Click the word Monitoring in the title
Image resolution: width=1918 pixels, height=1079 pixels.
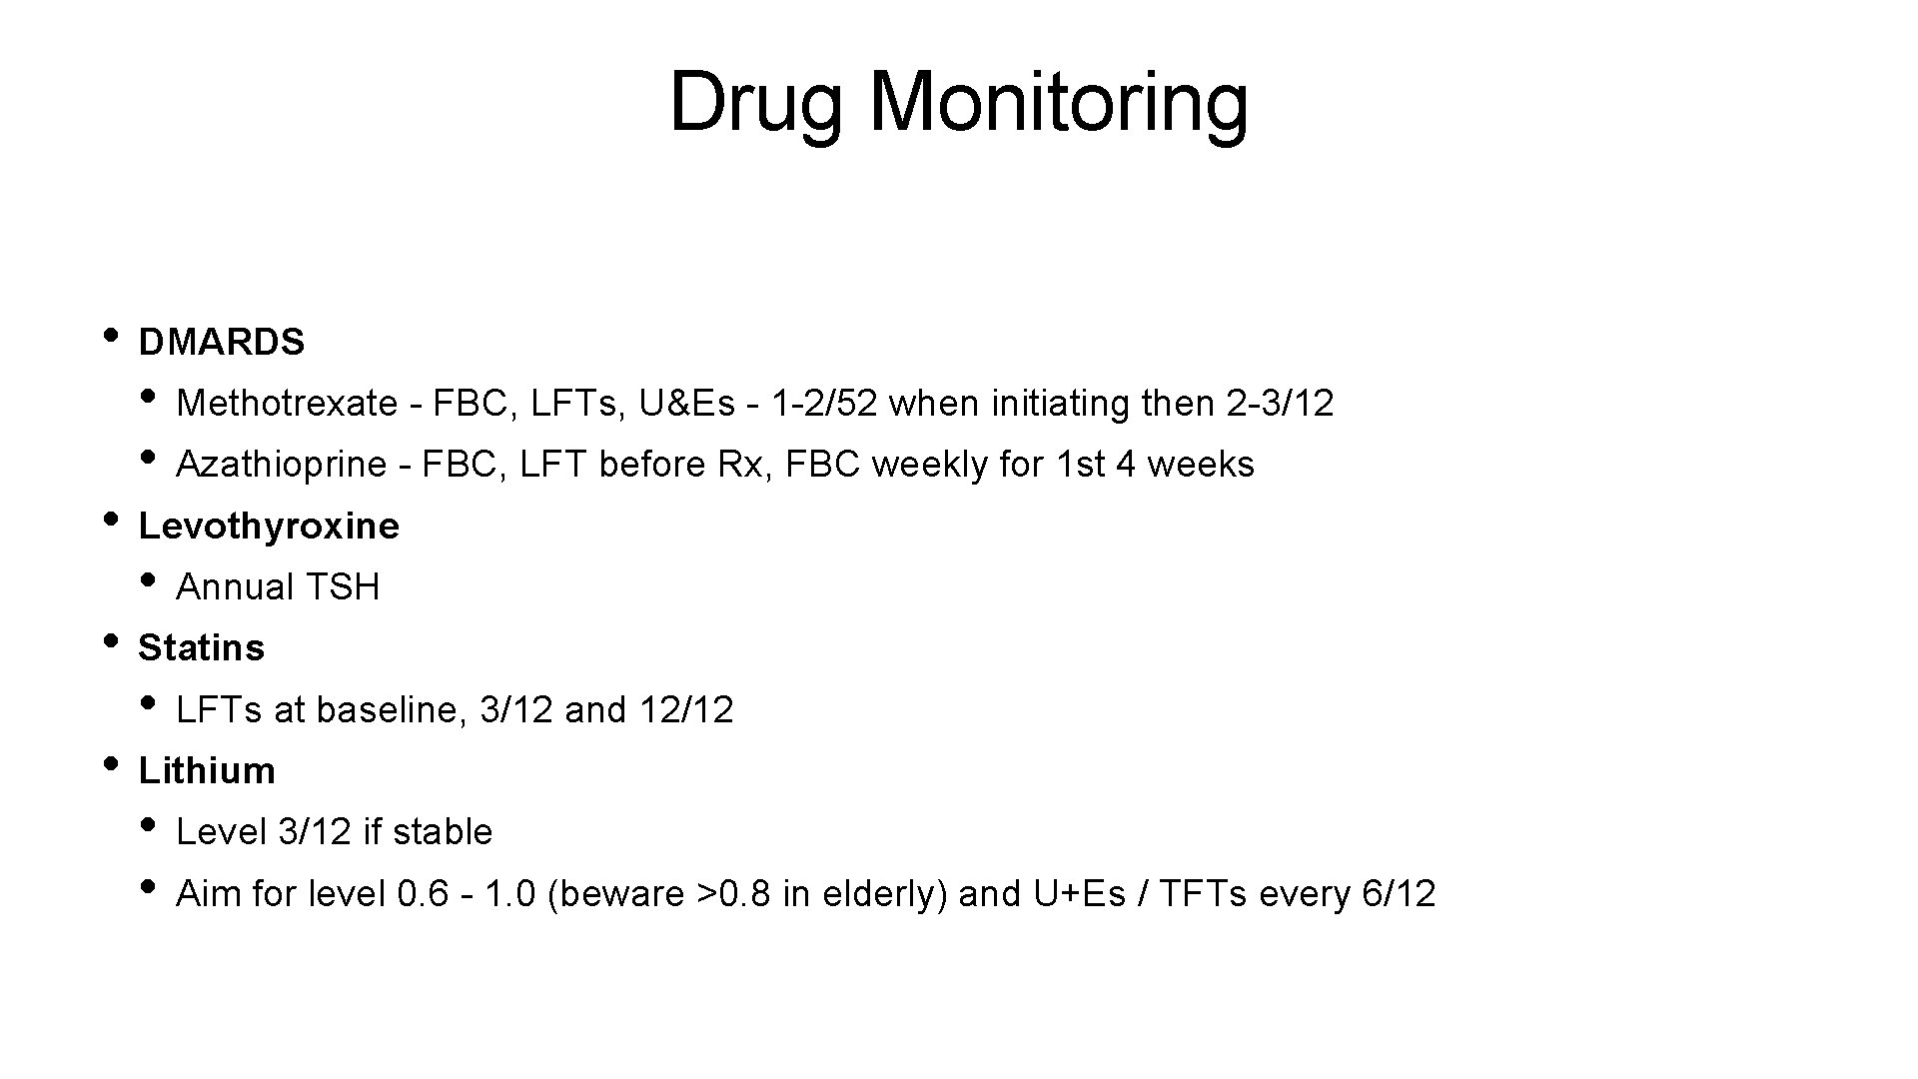pyautogui.click(x=1059, y=104)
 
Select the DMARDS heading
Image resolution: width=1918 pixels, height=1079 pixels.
pyautogui.click(x=221, y=343)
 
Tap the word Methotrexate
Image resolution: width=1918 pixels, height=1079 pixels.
pyautogui.click(x=287, y=404)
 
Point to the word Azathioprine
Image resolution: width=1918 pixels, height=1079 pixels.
pyautogui.click(x=281, y=465)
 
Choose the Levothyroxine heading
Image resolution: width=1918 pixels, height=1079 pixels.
pyautogui.click(x=269, y=526)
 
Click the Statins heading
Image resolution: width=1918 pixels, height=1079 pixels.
pyautogui.click(x=201, y=648)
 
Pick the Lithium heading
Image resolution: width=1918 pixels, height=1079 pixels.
pyautogui.click(x=207, y=771)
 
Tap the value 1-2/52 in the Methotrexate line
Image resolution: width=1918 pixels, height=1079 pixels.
pyautogui.click(x=825, y=404)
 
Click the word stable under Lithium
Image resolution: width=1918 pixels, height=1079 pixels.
pyautogui.click(x=443, y=832)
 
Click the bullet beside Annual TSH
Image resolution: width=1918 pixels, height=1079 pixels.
pyautogui.click(x=148, y=580)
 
